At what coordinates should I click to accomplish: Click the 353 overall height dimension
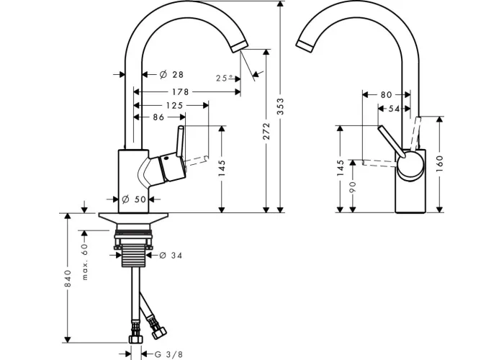[281, 107]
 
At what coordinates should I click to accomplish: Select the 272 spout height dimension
[266, 131]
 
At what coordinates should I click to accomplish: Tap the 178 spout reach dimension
[180, 92]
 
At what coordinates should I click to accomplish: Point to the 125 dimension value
[174, 105]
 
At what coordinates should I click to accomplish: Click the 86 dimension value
[158, 117]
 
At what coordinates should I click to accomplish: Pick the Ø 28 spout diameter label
[171, 75]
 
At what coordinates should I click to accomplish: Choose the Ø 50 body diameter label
[135, 199]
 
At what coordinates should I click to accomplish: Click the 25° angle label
[225, 78]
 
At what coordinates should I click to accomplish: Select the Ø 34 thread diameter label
[171, 255]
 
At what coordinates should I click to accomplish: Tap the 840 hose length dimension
[68, 279]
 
